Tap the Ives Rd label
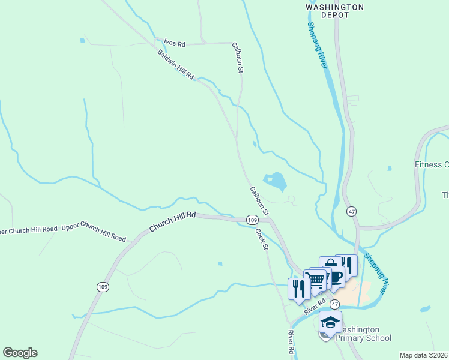pos(174,43)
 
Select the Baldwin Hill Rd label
pos(176,65)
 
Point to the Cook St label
pos(261,239)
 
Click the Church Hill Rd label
pos(173,221)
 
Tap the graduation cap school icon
pos(330,323)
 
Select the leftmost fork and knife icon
pos(299,288)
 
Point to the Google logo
pos(20,353)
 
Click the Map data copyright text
pos(423,355)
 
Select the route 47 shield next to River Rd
pos(334,304)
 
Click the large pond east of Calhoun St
pos(276,179)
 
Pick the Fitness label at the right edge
pos(432,164)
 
